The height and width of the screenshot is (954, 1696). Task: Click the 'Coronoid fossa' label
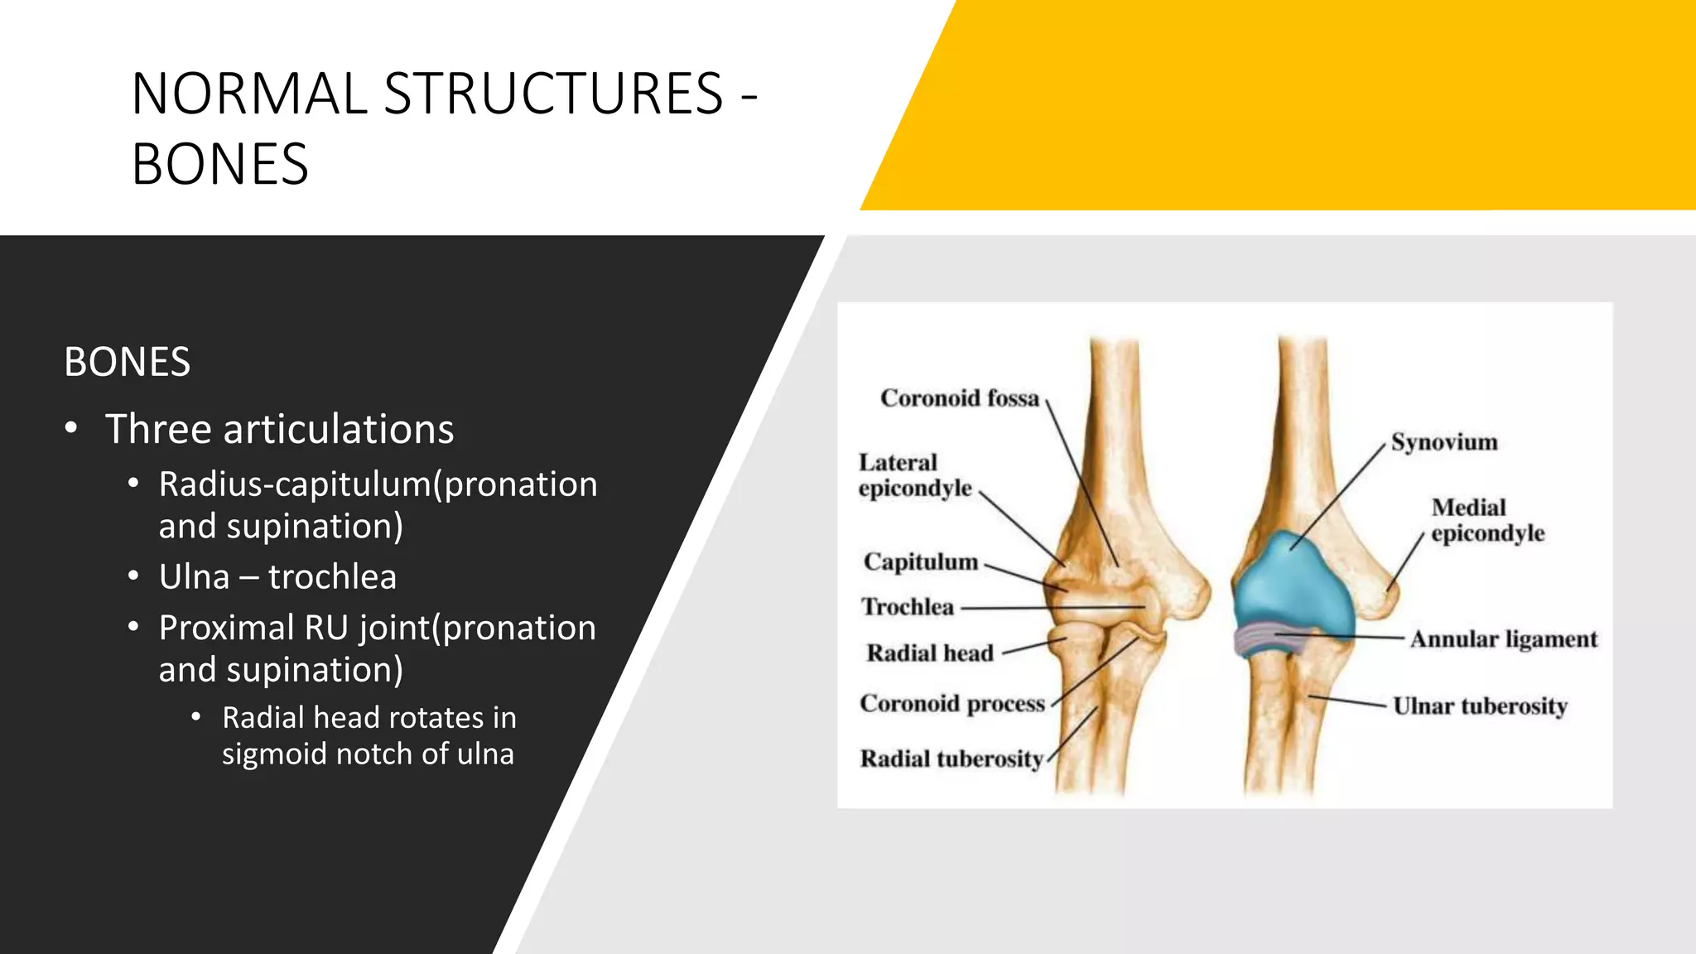pyautogui.click(x=959, y=398)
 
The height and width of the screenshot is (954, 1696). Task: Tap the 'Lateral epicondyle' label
pyautogui.click(x=914, y=475)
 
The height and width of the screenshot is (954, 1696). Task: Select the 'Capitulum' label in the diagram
pyautogui.click(x=920, y=561)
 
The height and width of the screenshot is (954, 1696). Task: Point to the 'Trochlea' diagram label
pyautogui.click(x=908, y=607)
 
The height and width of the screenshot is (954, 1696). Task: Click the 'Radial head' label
pyautogui.click(x=929, y=653)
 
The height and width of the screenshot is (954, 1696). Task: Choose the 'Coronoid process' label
pyautogui.click(x=952, y=703)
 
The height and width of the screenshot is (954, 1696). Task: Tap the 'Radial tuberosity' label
pyautogui.click(x=952, y=759)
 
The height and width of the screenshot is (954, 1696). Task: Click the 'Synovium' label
pyautogui.click(x=1443, y=442)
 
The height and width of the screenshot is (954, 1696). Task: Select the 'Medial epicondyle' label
pyautogui.click(x=1487, y=520)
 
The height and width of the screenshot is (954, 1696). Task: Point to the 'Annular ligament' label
pyautogui.click(x=1503, y=639)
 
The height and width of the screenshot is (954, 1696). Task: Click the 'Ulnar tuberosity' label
pyautogui.click(x=1480, y=706)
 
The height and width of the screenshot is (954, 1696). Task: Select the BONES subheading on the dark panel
pyautogui.click(x=127, y=362)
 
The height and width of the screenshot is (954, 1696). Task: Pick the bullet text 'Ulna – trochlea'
pyautogui.click(x=277, y=576)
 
